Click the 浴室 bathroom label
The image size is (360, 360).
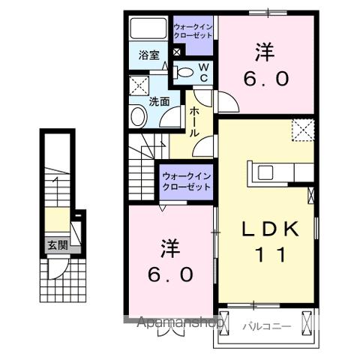149,55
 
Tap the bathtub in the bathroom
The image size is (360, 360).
149,29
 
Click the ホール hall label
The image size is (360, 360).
193,119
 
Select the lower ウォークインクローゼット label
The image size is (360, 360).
187,181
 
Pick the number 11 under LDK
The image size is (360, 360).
271,256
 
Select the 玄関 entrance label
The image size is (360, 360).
57,244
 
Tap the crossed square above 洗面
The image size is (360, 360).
139,84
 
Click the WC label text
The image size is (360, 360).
202,72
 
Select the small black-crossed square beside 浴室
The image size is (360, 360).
176,53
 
